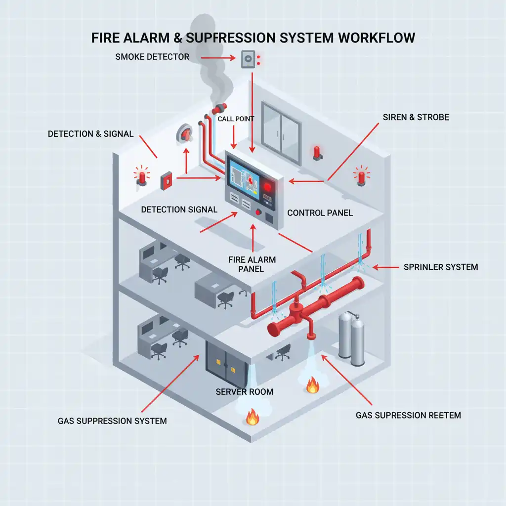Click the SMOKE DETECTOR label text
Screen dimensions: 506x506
(x=152, y=57)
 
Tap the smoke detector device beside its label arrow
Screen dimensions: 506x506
(x=248, y=60)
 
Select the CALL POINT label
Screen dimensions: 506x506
(x=236, y=119)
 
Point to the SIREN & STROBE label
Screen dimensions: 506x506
(x=416, y=118)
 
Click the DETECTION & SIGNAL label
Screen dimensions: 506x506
(x=90, y=134)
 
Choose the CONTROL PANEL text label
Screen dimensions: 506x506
(x=320, y=213)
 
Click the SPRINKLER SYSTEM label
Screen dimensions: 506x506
(x=441, y=267)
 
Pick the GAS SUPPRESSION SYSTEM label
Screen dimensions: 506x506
(x=112, y=421)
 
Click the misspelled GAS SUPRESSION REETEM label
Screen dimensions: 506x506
(x=408, y=415)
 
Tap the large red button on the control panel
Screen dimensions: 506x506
(x=268, y=187)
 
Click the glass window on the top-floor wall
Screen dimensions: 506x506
(x=281, y=133)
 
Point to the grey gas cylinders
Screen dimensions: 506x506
(x=351, y=339)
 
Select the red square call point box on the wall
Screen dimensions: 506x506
(x=166, y=180)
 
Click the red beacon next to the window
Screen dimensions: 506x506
(x=317, y=152)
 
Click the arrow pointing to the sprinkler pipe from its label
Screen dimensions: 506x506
(x=385, y=267)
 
